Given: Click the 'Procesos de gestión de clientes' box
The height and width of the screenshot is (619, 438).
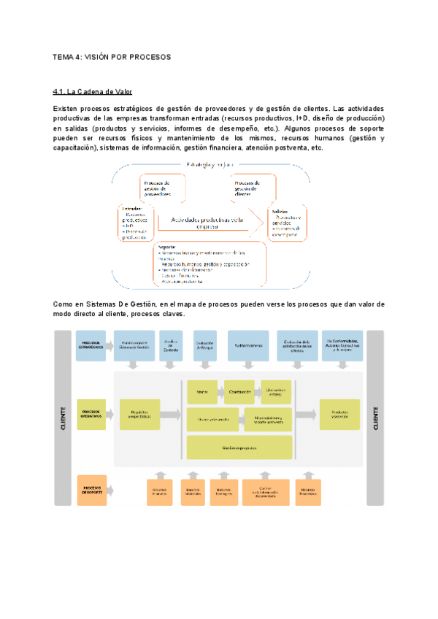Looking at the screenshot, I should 250,188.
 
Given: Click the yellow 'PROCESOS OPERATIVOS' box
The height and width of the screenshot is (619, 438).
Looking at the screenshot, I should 91,415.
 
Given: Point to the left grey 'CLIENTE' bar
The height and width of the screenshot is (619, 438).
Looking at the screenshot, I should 63,417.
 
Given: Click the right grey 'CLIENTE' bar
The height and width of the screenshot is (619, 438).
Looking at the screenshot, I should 375,417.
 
